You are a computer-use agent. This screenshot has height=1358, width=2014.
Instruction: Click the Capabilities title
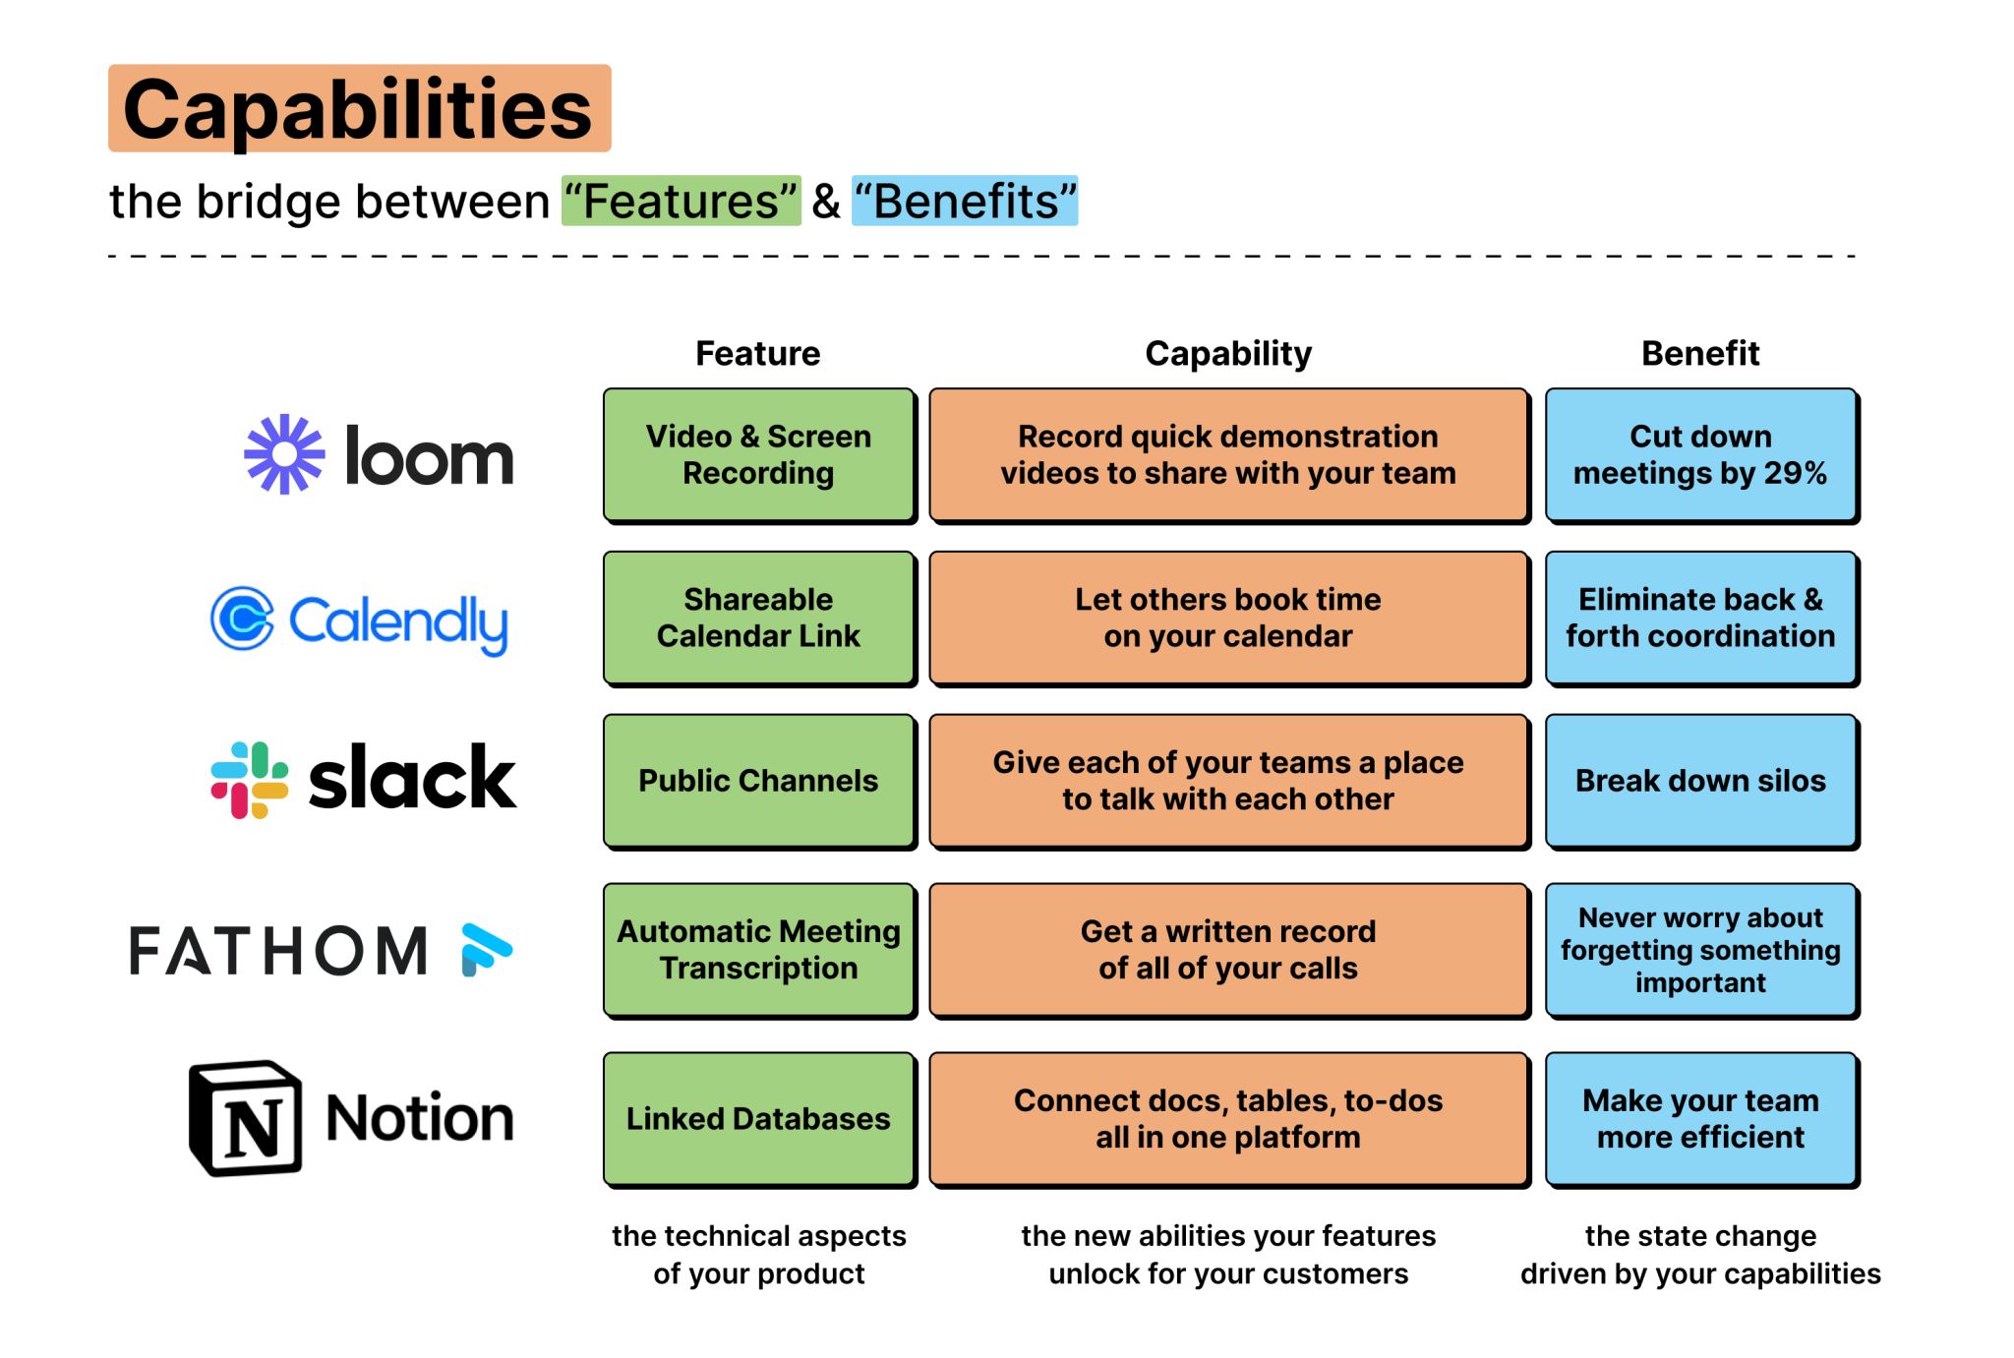pyautogui.click(x=359, y=109)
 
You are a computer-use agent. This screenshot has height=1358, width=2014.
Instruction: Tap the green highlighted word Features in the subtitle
pyautogui.click(x=681, y=202)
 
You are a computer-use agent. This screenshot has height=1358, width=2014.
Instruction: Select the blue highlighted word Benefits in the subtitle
pyautogui.click(x=965, y=202)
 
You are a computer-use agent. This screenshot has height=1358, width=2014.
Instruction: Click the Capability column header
pyautogui.click(x=1228, y=353)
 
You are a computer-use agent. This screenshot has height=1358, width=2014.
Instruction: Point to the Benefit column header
pyautogui.click(x=1700, y=353)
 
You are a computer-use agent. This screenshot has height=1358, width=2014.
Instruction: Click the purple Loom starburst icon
pyautogui.click(x=284, y=454)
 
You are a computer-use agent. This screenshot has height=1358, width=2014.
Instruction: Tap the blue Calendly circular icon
pyautogui.click(x=242, y=619)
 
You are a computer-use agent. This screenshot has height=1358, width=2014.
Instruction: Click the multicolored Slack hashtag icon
pyautogui.click(x=250, y=780)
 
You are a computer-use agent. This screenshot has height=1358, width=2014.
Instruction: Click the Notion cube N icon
pyautogui.click(x=246, y=1118)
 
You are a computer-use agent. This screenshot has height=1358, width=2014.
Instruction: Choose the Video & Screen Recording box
pyautogui.click(x=758, y=454)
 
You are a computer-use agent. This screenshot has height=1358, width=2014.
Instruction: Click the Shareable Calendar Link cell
pyautogui.click(x=758, y=618)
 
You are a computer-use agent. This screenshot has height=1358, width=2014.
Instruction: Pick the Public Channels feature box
pyautogui.click(x=758, y=781)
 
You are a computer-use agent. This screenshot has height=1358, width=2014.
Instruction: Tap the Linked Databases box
pyautogui.click(x=758, y=1119)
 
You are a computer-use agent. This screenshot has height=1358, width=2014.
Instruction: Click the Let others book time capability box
pyautogui.click(x=1228, y=618)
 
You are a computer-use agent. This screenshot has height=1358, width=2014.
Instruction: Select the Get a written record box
pyautogui.click(x=1228, y=950)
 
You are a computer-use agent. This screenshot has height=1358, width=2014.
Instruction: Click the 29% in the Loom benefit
pyautogui.click(x=1795, y=474)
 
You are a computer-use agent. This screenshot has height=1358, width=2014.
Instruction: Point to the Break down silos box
pyautogui.click(x=1700, y=781)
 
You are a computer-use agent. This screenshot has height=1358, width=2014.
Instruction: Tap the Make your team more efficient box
pyautogui.click(x=1700, y=1119)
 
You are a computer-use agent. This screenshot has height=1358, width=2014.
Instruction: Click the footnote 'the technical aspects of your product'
pyautogui.click(x=758, y=1255)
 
